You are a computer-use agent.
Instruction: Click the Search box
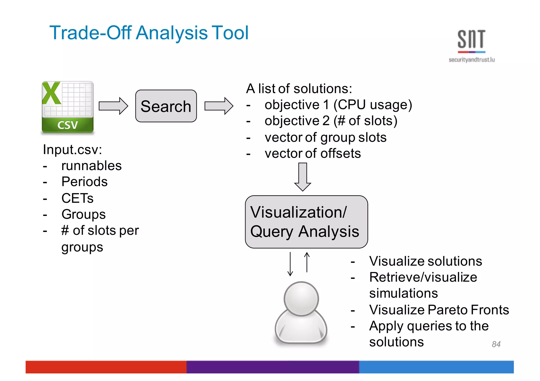166,106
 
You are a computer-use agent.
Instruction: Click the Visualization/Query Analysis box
306,222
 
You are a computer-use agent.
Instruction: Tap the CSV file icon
67,107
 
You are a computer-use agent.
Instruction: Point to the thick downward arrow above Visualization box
302,177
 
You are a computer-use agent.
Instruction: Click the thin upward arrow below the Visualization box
307,262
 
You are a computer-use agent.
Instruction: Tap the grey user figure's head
301,299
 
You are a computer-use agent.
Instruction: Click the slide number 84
496,344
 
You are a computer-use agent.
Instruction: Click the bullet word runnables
91,166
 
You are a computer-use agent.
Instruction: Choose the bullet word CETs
77,198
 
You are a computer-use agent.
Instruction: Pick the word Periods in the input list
84,182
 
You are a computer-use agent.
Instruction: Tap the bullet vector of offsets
312,153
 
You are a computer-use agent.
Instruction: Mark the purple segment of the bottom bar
273,367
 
